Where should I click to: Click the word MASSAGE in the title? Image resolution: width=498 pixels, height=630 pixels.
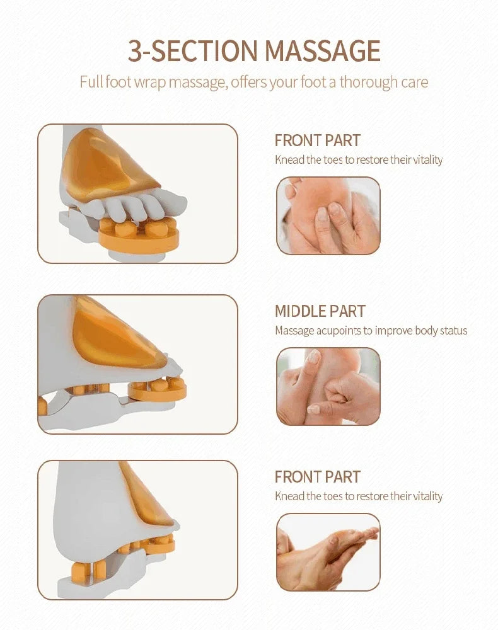322,50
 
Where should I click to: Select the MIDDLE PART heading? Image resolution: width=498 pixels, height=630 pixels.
320,311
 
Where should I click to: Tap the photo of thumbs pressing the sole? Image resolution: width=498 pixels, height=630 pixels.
328,215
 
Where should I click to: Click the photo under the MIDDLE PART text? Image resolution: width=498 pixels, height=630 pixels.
328,386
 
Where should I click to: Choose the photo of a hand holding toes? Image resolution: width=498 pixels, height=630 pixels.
328,552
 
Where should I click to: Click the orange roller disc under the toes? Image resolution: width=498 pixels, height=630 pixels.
139,236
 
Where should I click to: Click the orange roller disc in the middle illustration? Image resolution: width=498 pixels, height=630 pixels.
157,389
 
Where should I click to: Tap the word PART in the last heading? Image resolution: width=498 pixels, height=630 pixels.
342,477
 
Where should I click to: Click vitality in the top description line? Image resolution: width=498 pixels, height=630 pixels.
427,160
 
